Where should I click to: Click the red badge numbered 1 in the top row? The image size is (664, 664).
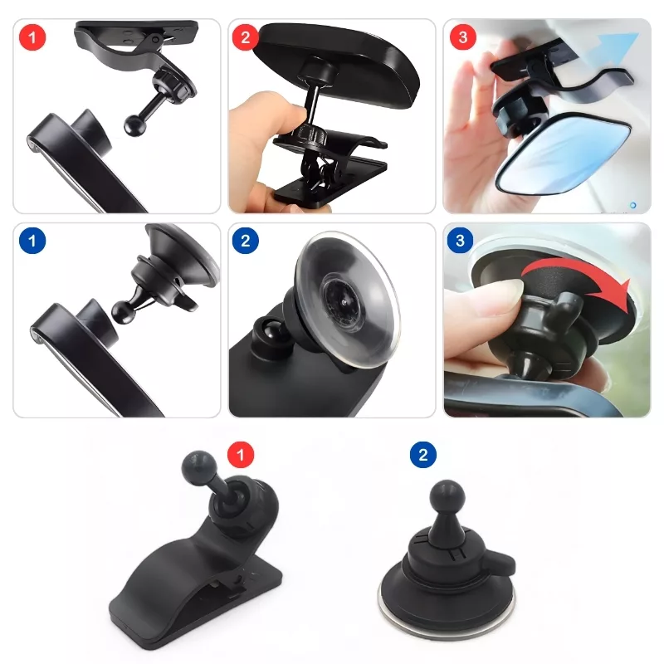[x=32, y=37]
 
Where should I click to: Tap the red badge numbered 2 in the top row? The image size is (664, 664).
[x=245, y=37]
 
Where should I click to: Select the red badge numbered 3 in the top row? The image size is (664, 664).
[x=463, y=37]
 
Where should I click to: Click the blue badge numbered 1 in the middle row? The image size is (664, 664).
[x=32, y=241]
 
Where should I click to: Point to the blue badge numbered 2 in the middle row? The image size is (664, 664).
[x=245, y=241]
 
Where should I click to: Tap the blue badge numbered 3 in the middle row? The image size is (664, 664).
[x=461, y=240]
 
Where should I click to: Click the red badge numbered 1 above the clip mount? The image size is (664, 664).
[x=241, y=455]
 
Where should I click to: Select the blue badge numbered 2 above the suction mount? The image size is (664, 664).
[x=423, y=455]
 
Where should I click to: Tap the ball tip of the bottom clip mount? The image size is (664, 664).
[x=198, y=468]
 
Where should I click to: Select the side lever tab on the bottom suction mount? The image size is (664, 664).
[x=501, y=563]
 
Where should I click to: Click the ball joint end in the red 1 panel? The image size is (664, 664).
[x=135, y=124]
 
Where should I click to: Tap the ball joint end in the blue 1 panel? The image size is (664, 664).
[x=124, y=312]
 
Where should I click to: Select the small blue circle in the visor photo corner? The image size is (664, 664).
[x=632, y=205]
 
